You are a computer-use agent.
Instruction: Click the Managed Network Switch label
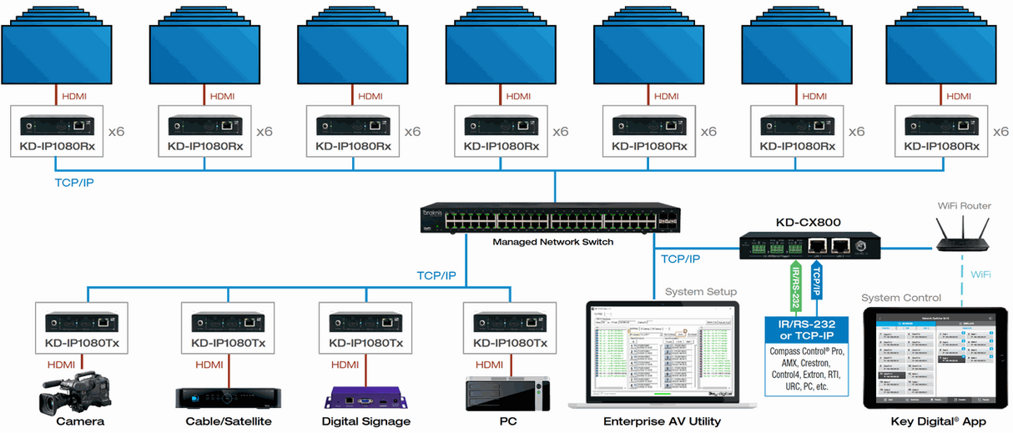click(x=553, y=242)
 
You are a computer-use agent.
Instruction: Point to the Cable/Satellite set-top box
click(x=222, y=398)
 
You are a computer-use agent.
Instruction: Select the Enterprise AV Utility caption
click(x=662, y=421)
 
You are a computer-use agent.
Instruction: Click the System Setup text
click(x=701, y=291)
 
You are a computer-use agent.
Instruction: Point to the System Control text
click(x=901, y=298)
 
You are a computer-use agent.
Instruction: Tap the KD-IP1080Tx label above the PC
click(x=510, y=343)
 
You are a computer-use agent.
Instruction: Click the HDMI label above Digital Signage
click(x=345, y=365)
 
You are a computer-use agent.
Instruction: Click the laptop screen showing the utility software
click(x=662, y=351)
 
